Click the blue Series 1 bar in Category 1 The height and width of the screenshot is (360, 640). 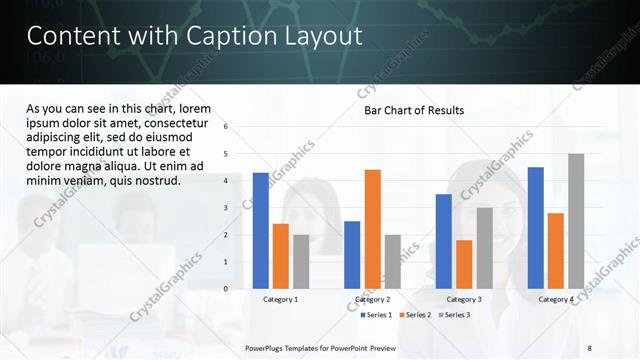[261, 230]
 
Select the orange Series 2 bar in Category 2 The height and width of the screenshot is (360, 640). [372, 229]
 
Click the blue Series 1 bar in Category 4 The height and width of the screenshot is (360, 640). [536, 227]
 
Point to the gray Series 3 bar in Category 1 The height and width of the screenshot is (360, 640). [301, 261]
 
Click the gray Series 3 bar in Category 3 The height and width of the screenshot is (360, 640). [484, 248]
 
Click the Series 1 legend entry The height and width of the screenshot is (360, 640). [376, 315]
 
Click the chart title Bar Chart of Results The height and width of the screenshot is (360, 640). [413, 110]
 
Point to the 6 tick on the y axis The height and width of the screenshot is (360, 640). [226, 127]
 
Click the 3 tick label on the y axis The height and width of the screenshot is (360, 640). [226, 208]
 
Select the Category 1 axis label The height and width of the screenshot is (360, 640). [280, 299]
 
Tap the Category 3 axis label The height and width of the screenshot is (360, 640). [464, 299]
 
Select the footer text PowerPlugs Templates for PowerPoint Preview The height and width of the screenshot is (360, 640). [320, 347]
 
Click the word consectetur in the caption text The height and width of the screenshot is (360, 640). [175, 122]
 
